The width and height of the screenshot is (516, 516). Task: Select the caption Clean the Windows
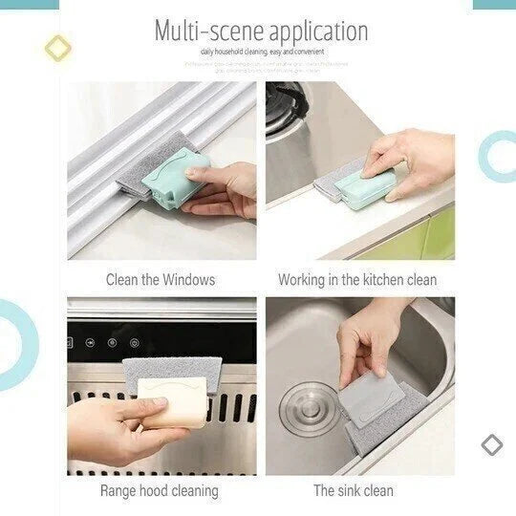(160, 280)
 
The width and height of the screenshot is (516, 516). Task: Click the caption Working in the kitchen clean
(356, 280)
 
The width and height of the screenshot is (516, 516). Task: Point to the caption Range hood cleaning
(159, 491)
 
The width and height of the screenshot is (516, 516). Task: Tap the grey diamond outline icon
(491, 444)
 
